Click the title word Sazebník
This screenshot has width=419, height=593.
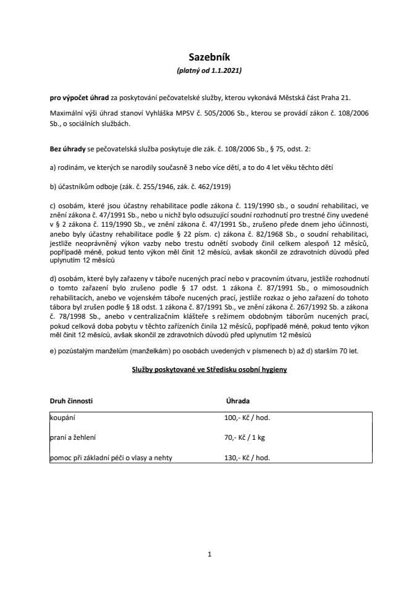(x=209, y=57)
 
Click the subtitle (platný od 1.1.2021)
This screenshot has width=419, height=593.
(x=209, y=71)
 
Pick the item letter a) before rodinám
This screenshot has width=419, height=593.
(x=53, y=169)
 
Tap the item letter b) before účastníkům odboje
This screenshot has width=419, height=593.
(x=53, y=187)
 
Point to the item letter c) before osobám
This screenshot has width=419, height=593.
(x=53, y=205)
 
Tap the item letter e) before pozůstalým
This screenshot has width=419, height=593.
(x=53, y=351)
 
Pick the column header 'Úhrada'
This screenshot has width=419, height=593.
(x=238, y=400)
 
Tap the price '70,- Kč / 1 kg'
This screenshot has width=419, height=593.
(x=245, y=437)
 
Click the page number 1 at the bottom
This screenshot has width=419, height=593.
(x=210, y=554)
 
